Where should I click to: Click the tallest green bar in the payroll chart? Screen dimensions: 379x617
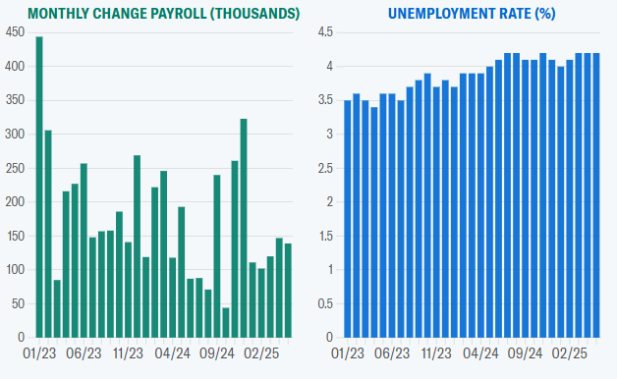click(39, 187)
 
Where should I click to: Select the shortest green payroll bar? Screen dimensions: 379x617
click(226, 323)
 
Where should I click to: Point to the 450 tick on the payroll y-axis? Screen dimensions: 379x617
click(14, 32)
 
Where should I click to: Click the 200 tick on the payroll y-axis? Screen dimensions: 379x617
click(14, 202)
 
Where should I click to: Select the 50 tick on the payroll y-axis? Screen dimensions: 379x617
click(17, 304)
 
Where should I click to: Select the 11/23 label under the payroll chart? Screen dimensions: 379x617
click(130, 352)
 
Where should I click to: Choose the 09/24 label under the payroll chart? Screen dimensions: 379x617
click(217, 352)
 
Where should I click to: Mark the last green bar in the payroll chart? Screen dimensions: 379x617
click(288, 291)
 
